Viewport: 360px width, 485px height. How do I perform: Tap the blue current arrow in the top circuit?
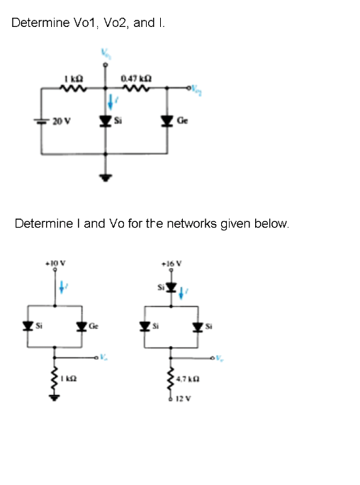[x=111, y=104]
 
